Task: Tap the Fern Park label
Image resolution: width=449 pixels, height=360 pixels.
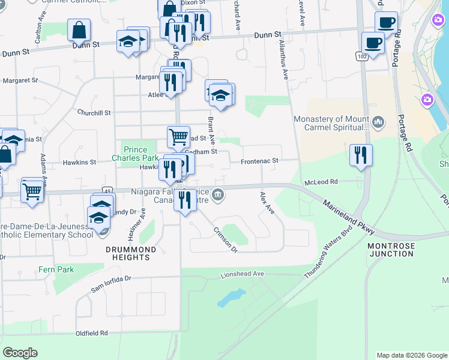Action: [x=56, y=269]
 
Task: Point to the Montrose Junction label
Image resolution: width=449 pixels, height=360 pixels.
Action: [x=391, y=250]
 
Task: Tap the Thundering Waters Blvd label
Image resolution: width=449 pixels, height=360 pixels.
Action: [x=328, y=253]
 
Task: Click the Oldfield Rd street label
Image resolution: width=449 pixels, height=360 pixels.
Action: [x=91, y=332]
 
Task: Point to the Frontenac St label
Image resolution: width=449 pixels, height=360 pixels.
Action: [x=260, y=161]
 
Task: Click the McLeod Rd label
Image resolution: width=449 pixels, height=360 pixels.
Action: [x=321, y=181]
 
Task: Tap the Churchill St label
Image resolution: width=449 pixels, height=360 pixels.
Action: [x=94, y=112]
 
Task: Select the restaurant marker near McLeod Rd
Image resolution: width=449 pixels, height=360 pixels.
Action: [x=361, y=155]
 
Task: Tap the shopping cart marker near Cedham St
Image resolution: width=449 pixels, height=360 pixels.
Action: [x=178, y=137]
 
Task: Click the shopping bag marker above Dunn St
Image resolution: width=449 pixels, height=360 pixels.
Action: [x=79, y=29]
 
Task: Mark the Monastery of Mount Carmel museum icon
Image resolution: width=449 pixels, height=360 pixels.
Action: [x=378, y=122]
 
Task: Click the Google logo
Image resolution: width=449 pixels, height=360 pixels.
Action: [x=20, y=353]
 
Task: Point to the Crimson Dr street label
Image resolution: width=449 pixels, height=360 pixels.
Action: [x=226, y=240]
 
